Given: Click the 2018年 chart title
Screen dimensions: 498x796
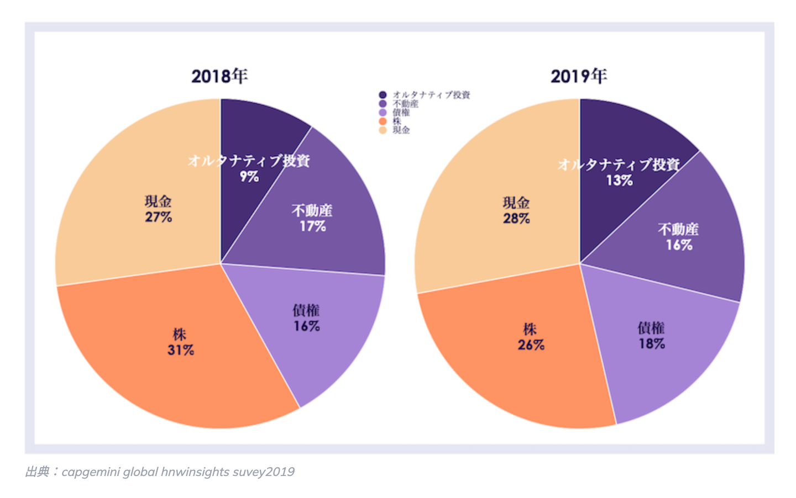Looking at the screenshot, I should point(219,76).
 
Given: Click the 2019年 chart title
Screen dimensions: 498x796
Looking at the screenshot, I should point(579,76).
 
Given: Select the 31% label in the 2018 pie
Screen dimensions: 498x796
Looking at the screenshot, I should point(181,350).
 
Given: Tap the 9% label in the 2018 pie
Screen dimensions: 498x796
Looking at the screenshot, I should point(249,177).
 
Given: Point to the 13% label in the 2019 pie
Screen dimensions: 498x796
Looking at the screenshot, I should point(619,181).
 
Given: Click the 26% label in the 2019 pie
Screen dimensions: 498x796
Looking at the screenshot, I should point(531,345).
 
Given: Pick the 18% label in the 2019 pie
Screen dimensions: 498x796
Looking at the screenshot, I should point(652,344).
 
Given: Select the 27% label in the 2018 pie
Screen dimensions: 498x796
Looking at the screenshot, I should point(159,217).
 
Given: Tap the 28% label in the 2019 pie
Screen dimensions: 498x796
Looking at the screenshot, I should point(516,219).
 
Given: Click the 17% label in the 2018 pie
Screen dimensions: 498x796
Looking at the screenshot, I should point(312,226).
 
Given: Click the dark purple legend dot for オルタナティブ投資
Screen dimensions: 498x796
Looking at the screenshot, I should point(383,95).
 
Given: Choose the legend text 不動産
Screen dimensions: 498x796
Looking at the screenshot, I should point(405,104).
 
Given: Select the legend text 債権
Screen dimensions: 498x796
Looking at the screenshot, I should point(401,113).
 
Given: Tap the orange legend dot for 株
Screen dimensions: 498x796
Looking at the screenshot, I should point(383,121).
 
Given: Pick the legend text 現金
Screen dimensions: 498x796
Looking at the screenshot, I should point(401,130).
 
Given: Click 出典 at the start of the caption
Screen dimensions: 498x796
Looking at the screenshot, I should point(37,472).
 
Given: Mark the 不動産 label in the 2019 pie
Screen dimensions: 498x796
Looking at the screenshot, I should point(678,229).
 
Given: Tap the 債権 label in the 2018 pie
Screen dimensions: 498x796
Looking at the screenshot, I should point(306,310).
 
